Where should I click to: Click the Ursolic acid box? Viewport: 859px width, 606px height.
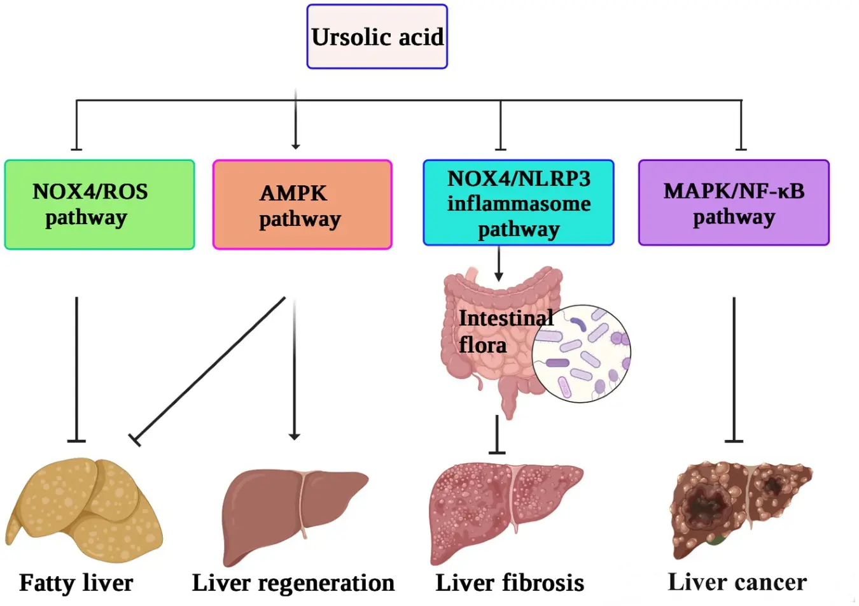[x=377, y=37]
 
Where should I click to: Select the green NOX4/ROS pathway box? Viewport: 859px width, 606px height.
[x=99, y=204]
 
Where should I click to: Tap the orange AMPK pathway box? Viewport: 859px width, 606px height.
[x=302, y=204]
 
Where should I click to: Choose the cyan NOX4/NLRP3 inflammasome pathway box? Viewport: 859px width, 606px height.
[x=518, y=203]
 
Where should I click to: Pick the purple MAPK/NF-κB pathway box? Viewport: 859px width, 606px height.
[x=733, y=203]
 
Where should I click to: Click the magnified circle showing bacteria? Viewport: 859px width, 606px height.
[x=581, y=353]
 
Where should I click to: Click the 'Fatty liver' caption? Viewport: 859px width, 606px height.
[x=76, y=582]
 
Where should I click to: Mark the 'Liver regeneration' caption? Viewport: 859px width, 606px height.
[x=293, y=582]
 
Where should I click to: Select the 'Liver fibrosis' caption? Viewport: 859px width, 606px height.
[x=510, y=582]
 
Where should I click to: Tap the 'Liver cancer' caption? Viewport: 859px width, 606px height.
[x=737, y=582]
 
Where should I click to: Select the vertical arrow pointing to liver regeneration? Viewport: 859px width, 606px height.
[x=294, y=369]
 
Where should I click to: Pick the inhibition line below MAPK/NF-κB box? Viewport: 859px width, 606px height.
[x=734, y=369]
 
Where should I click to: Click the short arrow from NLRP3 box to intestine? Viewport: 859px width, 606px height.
[x=499, y=263]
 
